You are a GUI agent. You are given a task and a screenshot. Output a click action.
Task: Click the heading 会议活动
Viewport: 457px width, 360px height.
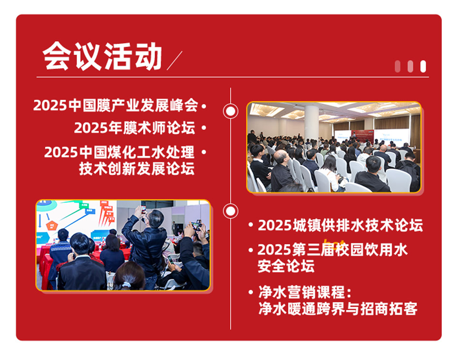pyautogui.click(x=102, y=56)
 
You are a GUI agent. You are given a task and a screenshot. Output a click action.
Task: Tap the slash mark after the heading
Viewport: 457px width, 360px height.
pyautogui.click(x=174, y=60)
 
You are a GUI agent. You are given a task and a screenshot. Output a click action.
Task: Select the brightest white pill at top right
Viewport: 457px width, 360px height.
pyautogui.click(x=423, y=67)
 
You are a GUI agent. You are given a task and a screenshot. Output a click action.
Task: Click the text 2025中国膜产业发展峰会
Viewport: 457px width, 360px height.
pyautogui.click(x=116, y=105)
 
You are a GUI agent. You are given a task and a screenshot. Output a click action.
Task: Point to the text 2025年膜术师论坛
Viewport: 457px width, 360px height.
pyautogui.click(x=135, y=128)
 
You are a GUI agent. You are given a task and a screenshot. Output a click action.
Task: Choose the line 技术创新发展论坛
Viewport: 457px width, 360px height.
pyautogui.click(x=137, y=169)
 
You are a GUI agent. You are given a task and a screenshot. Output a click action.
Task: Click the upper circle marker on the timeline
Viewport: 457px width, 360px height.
pyautogui.click(x=230, y=111)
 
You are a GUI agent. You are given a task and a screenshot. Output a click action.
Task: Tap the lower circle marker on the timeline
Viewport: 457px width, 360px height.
pyautogui.click(x=230, y=211)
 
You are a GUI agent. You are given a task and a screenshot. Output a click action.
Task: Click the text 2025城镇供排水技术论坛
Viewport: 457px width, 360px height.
pyautogui.click(x=340, y=225)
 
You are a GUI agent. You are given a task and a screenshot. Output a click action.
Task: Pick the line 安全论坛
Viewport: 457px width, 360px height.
pyautogui.click(x=286, y=266)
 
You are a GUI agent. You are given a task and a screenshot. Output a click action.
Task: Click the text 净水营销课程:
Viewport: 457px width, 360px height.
pyautogui.click(x=305, y=292)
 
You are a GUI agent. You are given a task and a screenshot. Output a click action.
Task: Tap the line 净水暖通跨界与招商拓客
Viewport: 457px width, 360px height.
pyautogui.click(x=338, y=309)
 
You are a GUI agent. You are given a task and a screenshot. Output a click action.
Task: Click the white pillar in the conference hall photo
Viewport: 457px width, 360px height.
pyautogui.click(x=311, y=122)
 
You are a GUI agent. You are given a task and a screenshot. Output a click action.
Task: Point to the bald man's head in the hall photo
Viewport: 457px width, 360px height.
pyautogui.click(x=281, y=157)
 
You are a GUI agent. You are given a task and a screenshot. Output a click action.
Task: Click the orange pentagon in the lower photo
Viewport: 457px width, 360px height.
pyautogui.click(x=51, y=225)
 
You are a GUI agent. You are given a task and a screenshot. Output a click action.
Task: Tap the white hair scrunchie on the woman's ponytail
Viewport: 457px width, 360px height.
pyautogui.click(x=127, y=285)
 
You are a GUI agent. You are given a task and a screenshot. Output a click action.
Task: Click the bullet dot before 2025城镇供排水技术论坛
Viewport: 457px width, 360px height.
pyautogui.click(x=251, y=225)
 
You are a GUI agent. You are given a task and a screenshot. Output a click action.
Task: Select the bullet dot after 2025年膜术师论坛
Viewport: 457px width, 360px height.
pyautogui.click(x=204, y=128)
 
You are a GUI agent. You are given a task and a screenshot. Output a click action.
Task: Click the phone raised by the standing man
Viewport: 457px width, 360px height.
pyautogui.click(x=143, y=210)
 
